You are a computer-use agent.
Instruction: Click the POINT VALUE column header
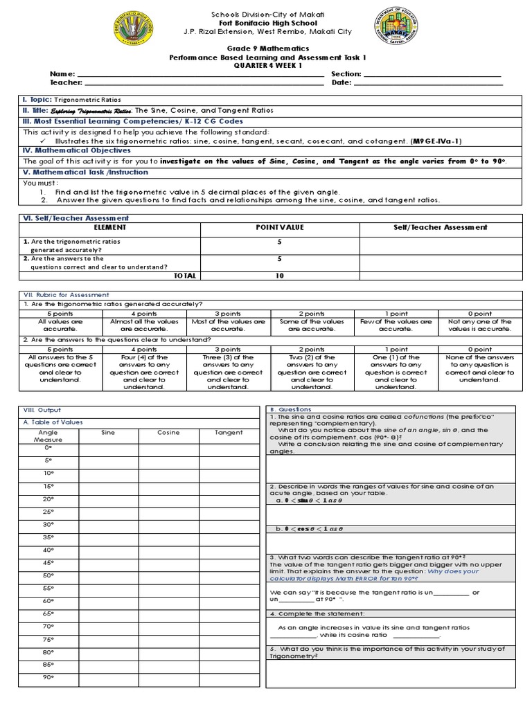coord(280,227)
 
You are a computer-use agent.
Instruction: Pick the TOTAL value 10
coord(280,275)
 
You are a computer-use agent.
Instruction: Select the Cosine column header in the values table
coord(168,433)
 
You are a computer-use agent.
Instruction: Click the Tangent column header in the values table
coord(228,433)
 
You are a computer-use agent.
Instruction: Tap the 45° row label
coord(48,562)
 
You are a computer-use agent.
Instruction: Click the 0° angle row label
coord(48,447)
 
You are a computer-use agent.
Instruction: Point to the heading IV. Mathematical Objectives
coord(77,150)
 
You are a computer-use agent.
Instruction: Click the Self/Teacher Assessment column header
coord(440,227)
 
